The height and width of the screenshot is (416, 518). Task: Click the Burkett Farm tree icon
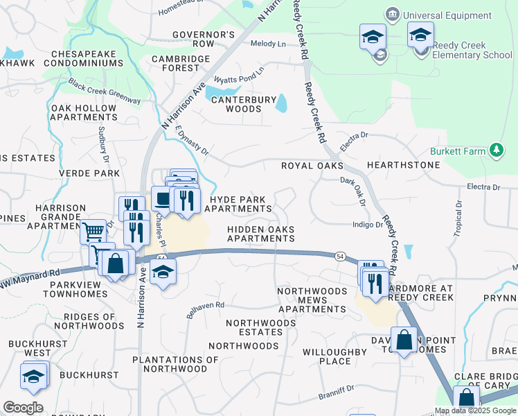click(x=496, y=150)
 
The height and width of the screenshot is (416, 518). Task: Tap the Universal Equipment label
click(x=447, y=15)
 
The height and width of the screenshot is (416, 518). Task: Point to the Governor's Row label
click(x=204, y=39)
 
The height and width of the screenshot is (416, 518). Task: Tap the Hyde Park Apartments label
click(x=238, y=204)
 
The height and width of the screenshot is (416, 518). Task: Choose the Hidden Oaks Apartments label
click(x=261, y=234)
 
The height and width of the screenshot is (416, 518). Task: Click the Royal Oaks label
click(x=312, y=166)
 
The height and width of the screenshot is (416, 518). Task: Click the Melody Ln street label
click(x=268, y=44)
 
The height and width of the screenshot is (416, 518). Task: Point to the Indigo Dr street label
click(x=367, y=225)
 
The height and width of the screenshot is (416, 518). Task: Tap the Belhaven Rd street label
click(x=205, y=309)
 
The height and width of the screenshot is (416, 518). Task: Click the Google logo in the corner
click(x=23, y=408)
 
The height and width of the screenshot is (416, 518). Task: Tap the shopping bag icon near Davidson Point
click(x=403, y=340)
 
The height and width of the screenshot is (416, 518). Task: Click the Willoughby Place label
click(x=335, y=356)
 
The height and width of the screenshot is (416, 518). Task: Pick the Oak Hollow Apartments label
click(x=84, y=114)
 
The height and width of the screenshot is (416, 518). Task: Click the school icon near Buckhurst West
click(x=32, y=376)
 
